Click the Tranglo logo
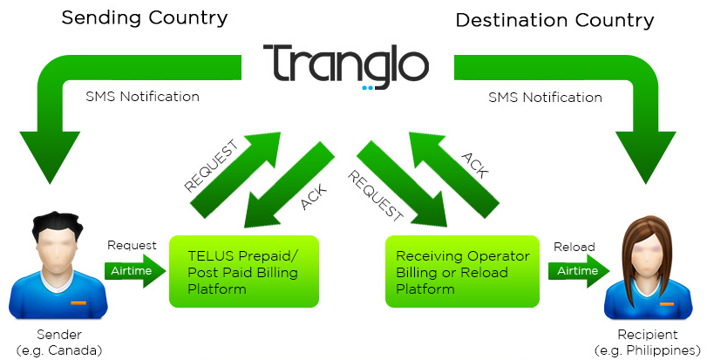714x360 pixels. coord(347,63)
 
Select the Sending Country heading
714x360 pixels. coord(144,17)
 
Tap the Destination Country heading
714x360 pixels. coord(554,19)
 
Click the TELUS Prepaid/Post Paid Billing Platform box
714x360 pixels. coord(244,271)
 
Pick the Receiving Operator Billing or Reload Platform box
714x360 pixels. coord(462,271)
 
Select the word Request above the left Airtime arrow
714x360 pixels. coord(132,246)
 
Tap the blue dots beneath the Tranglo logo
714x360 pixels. coord(368,87)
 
